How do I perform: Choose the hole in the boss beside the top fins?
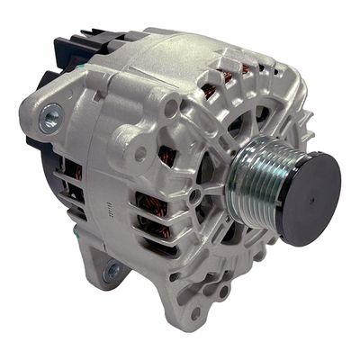pos(170,109)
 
